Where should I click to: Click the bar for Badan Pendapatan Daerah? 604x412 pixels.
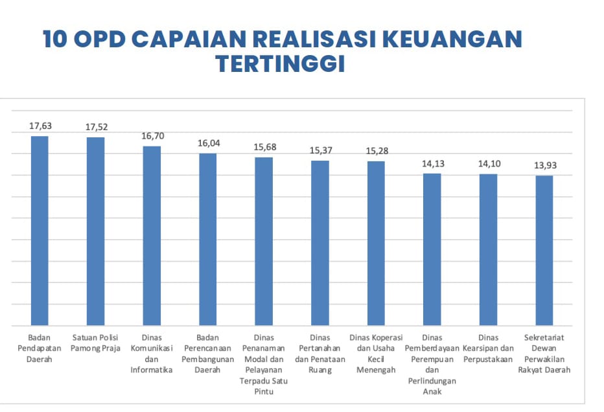coord(40,230)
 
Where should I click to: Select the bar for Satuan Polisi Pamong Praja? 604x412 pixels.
coord(95,231)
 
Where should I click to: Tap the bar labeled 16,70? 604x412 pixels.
coord(152,235)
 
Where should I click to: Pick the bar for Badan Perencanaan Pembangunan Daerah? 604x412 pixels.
coord(207,238)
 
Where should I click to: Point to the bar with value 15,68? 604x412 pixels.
coord(264,240)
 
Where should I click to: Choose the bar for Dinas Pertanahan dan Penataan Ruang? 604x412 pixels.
coord(320,242)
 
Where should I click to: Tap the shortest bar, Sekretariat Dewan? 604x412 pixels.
coord(544,250)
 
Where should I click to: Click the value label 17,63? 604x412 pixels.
coord(40,126)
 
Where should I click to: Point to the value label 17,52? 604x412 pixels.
coord(96,128)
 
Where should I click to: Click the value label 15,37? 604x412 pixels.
coord(321,150)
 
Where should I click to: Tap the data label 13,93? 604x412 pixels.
coord(545,165)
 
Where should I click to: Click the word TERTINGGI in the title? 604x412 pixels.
coord(280,64)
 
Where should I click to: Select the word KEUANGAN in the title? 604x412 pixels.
coord(451,40)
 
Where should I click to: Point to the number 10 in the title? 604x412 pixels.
coord(55,40)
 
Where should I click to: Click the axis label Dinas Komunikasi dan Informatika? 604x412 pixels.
coord(152,354)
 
